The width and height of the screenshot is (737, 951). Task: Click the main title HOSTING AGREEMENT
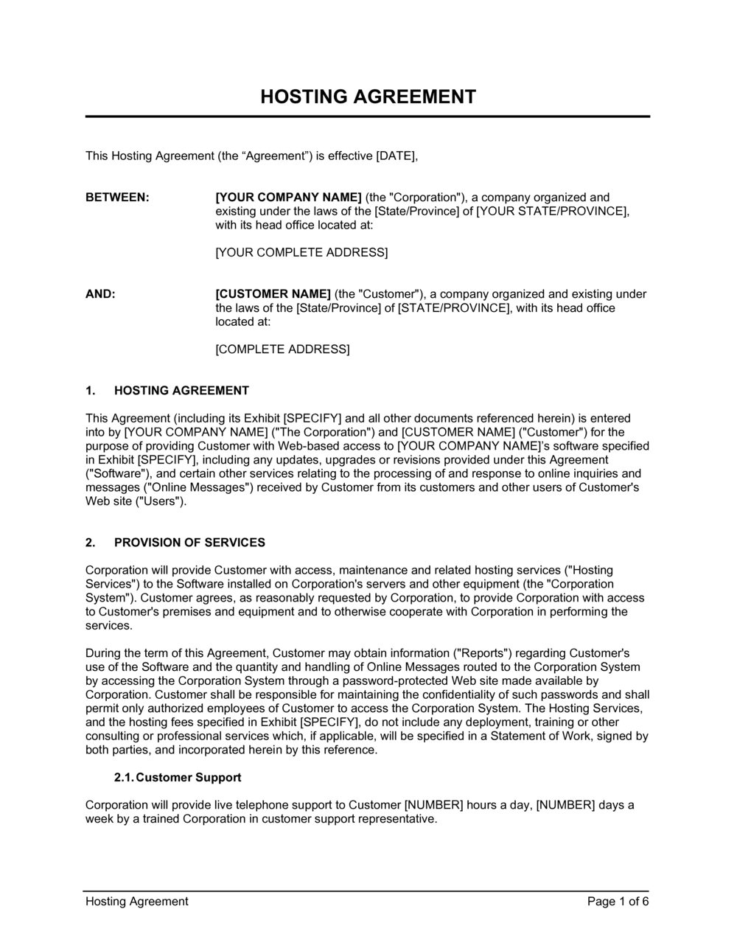coord(368,97)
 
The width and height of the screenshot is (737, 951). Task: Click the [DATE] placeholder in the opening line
coord(397,156)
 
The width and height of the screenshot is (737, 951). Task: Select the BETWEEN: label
coord(117,198)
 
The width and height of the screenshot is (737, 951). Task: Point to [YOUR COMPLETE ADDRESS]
coord(301,253)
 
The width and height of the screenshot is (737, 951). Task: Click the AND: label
coord(100,294)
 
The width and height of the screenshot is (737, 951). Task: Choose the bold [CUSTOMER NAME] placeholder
coord(273,294)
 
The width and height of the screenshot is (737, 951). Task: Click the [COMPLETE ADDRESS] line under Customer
coord(282,349)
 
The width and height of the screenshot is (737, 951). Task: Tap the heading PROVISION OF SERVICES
coord(189,543)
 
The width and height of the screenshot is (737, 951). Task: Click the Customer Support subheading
coord(188,778)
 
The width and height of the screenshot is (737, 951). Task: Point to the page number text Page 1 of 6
coord(618,901)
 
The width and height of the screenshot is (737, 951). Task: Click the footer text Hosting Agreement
coord(137,901)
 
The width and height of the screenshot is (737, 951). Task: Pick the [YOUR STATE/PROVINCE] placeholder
coord(552,212)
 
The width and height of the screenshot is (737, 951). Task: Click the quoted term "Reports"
coord(483,653)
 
